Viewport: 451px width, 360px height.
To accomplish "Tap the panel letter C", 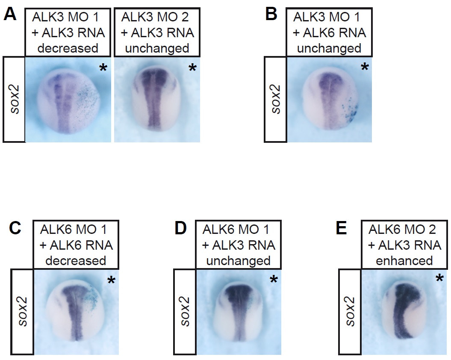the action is coord(15,228).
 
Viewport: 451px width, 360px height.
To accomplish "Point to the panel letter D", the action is coord(181,228).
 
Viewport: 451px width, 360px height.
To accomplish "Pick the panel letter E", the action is coord(341,228).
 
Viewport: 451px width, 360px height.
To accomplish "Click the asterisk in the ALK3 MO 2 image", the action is coord(192,68).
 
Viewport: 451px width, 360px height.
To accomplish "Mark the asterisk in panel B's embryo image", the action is coord(365,67).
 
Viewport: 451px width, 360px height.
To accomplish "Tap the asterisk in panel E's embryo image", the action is coord(439,278).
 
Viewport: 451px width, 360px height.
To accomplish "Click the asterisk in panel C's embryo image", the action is coord(111,280).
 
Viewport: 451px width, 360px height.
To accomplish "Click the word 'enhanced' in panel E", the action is coord(404,261).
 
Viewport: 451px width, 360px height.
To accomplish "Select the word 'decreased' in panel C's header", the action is coord(76,261).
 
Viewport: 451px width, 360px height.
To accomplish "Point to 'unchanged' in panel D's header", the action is coord(239,261).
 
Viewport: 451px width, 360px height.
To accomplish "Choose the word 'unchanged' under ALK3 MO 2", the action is coord(157,48).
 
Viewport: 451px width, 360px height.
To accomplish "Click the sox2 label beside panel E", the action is coord(350,311).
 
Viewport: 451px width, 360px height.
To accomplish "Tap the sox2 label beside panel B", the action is coord(275,99).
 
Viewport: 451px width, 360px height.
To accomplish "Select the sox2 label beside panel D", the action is coord(185,311).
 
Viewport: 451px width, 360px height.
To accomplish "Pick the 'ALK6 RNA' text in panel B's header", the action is coord(335,32).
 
